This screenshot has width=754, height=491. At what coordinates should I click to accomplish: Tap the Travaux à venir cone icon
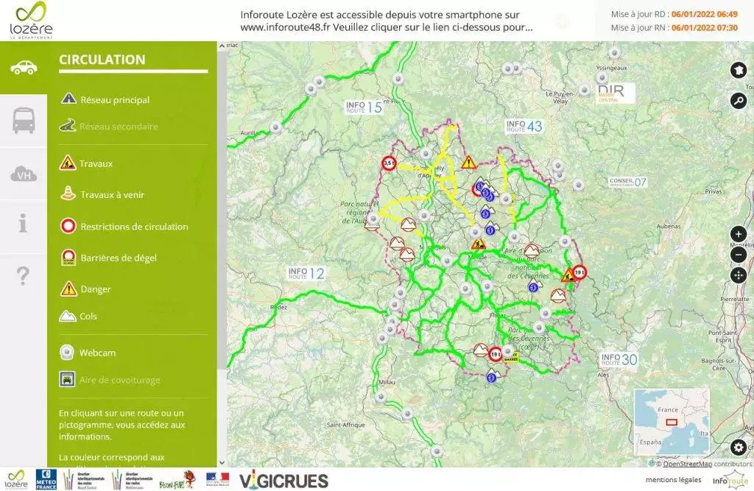click(x=68, y=194)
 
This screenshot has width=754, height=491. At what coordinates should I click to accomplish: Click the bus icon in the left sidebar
click(x=24, y=120)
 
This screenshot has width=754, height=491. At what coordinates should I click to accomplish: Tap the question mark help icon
click(x=24, y=276)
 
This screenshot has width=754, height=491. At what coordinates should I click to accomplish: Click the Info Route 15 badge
click(x=364, y=107)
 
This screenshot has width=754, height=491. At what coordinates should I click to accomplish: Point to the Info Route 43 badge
click(x=524, y=126)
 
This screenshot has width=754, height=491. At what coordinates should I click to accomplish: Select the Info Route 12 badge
click(x=306, y=274)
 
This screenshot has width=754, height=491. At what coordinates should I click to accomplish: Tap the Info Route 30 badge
click(x=619, y=360)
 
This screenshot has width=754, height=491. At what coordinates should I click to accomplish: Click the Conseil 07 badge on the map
click(x=627, y=181)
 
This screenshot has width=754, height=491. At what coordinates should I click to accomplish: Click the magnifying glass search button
click(x=738, y=101)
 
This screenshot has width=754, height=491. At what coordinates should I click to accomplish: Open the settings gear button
click(x=738, y=447)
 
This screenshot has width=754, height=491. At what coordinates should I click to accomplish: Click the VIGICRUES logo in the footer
click(x=283, y=481)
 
